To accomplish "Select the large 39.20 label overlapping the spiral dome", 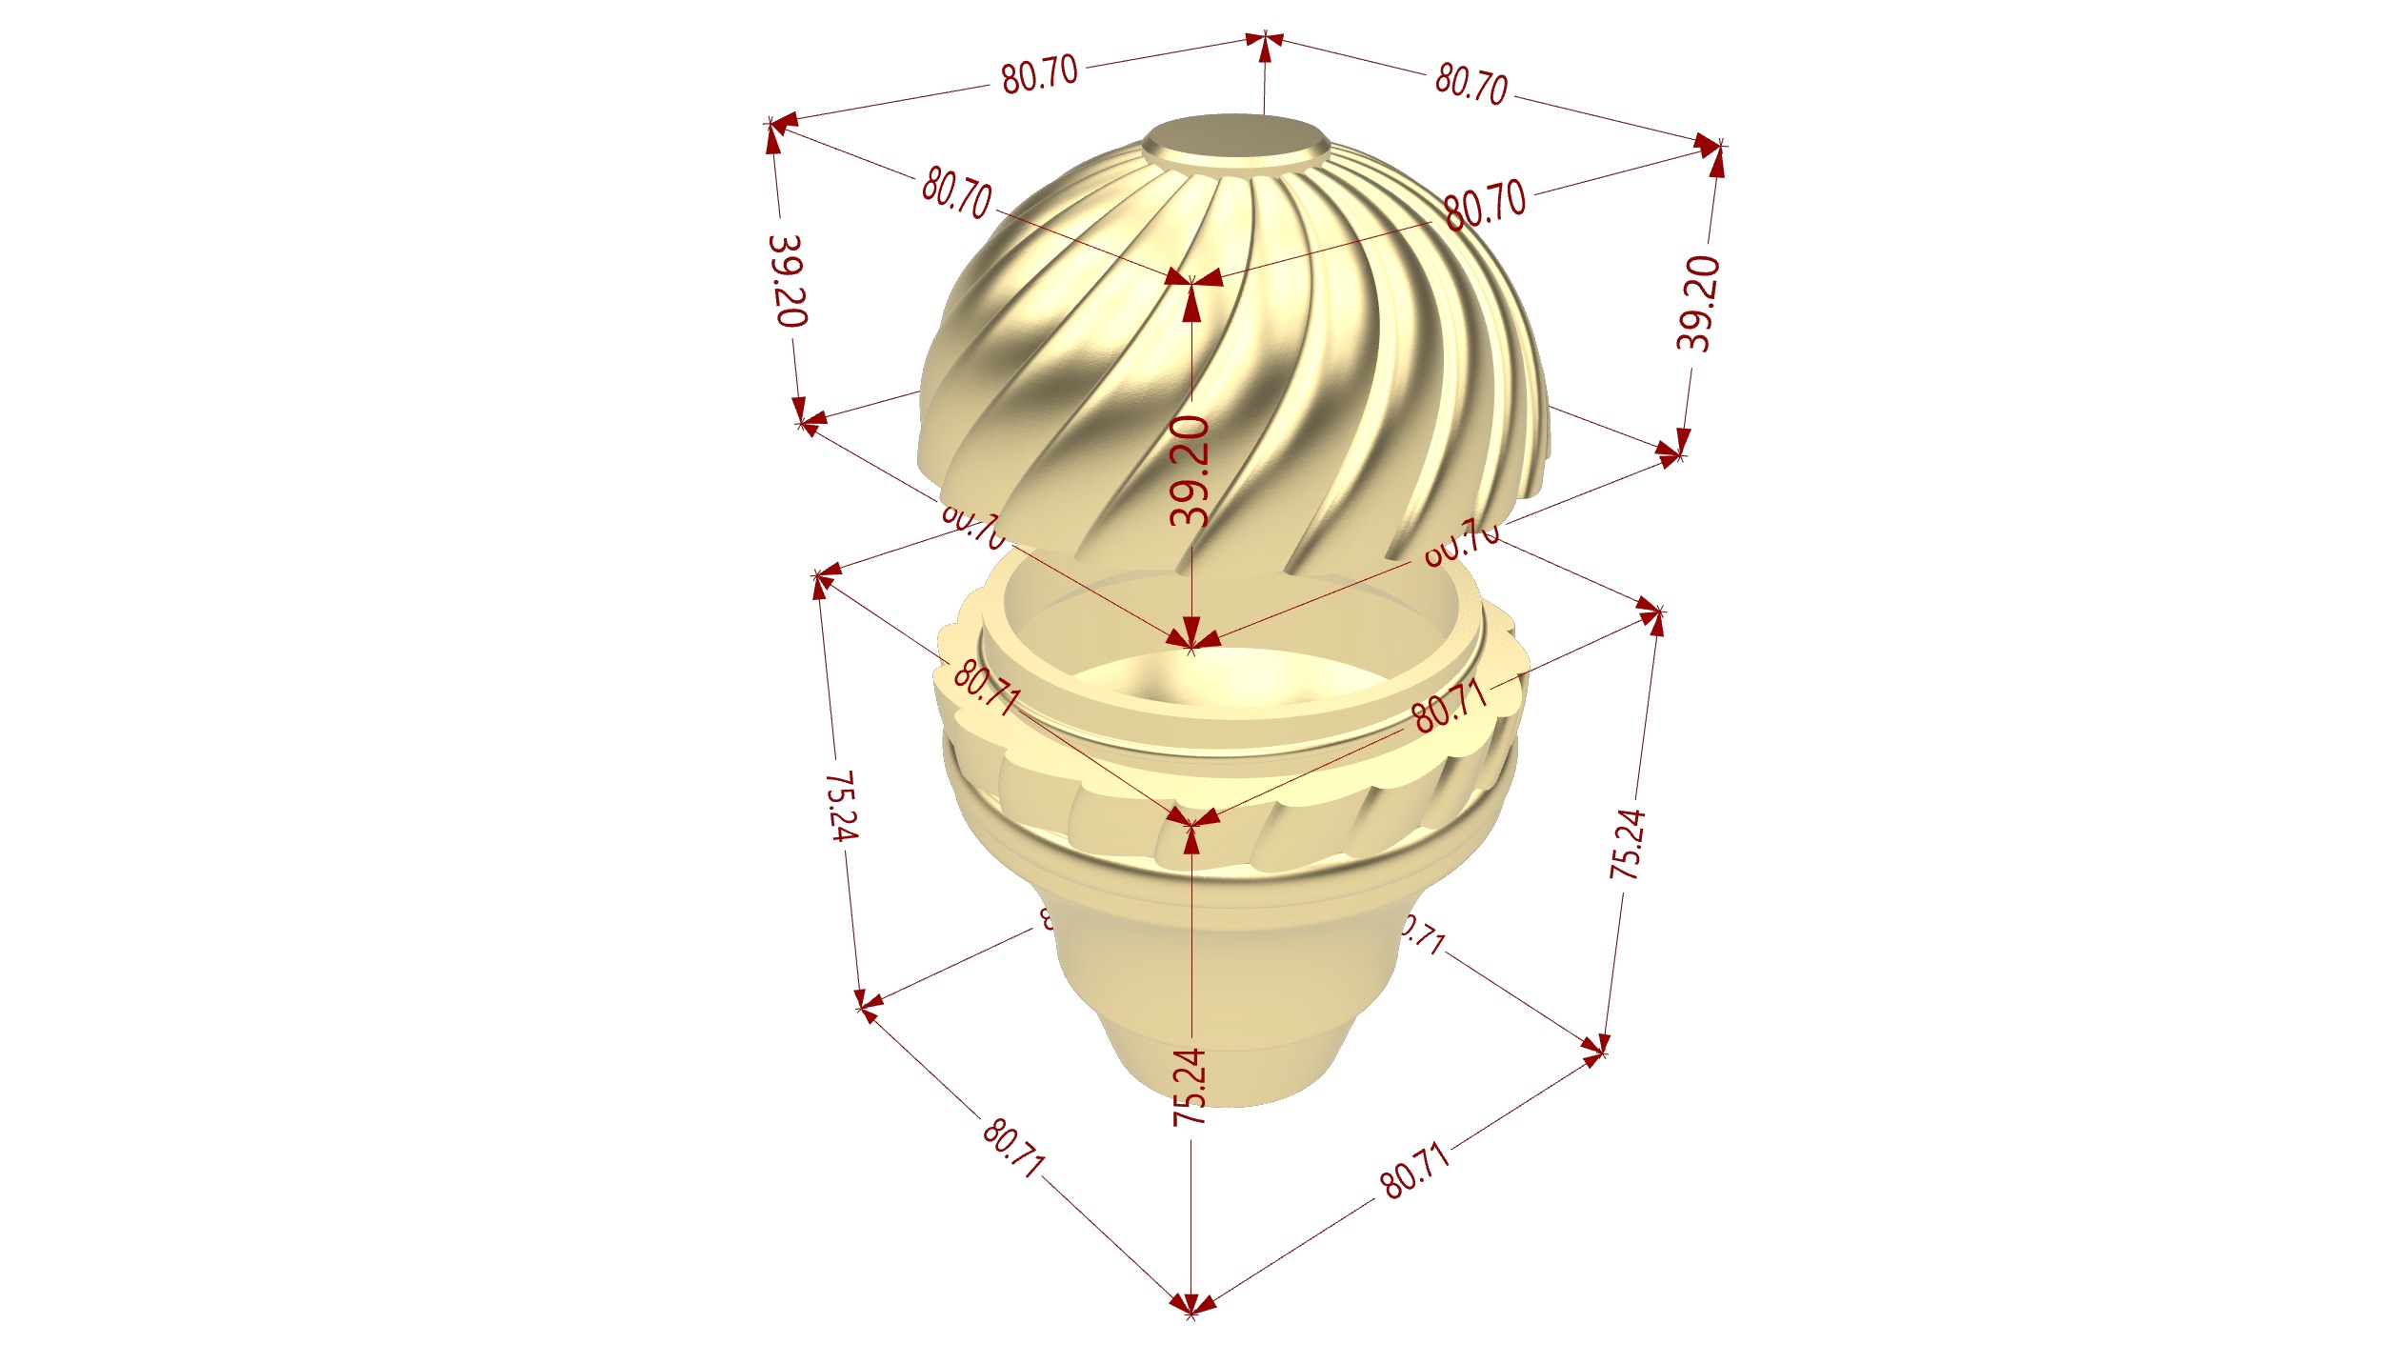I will coord(1190,471).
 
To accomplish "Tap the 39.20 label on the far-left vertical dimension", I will coord(788,281).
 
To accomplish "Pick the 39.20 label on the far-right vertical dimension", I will coord(1698,303).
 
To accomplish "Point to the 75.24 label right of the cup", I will coord(1627,844).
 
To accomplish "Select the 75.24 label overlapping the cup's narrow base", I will coord(1190,1087).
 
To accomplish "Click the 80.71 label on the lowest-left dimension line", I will coord(1013,1148).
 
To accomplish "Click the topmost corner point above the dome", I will coord(1265,39).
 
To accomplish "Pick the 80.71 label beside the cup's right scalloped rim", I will coord(1449,707).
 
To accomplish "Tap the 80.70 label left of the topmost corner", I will coord(1039,73).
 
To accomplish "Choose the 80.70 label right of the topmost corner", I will coord(1471,83).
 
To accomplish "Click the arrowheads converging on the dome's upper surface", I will coord(1191,279).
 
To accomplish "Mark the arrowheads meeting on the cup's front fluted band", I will coord(1191,820).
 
